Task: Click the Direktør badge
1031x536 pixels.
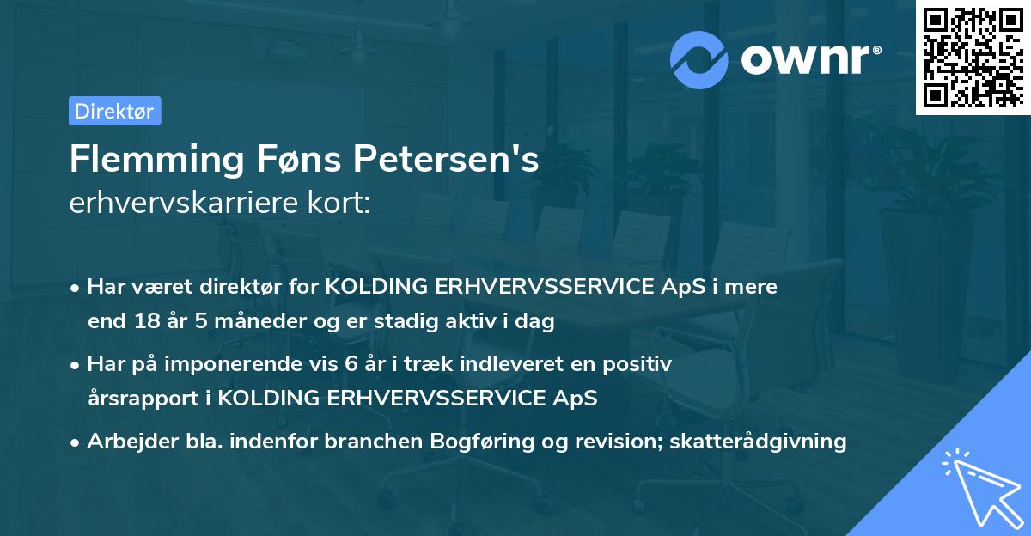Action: [x=114, y=111]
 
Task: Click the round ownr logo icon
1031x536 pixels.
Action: [x=699, y=59]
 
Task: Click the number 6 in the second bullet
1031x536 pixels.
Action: [x=351, y=364]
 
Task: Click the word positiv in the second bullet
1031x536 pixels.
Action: [x=640, y=364]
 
